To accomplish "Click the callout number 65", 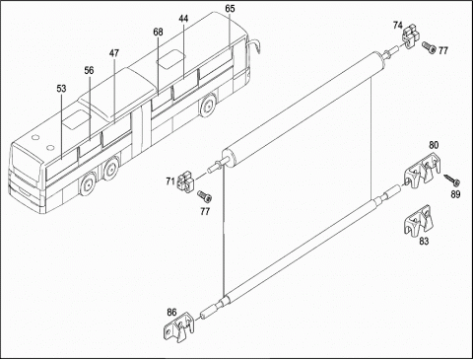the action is [x=230, y=9].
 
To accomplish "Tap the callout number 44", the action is [x=183, y=19].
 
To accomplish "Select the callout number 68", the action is [x=158, y=32].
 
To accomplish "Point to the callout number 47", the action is [x=114, y=53].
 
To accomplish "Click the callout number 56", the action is [x=89, y=70].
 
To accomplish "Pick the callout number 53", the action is [x=61, y=89].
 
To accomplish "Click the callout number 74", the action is [x=397, y=26].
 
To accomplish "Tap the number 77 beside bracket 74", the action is [x=443, y=50].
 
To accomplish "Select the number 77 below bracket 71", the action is [x=205, y=211].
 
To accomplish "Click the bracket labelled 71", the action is [x=186, y=183].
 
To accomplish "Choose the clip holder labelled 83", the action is [x=419, y=221].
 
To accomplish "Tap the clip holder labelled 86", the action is [x=179, y=327].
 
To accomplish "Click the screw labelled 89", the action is [x=452, y=180].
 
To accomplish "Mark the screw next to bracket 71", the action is [x=204, y=196].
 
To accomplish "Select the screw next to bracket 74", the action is [x=430, y=47].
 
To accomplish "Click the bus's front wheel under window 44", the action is [x=208, y=107].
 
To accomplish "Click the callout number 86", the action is [x=171, y=313].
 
